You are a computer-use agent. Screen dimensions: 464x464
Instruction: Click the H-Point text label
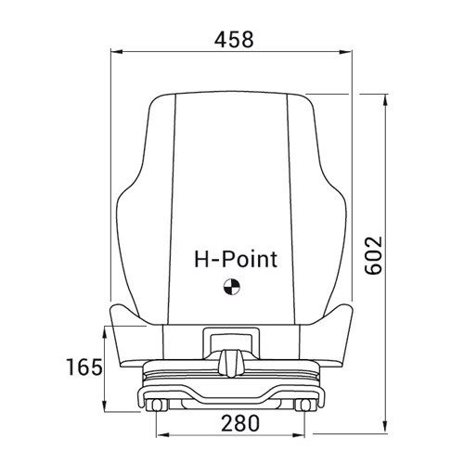click(233, 259)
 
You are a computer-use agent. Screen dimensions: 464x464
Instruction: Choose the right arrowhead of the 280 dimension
click(305, 434)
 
